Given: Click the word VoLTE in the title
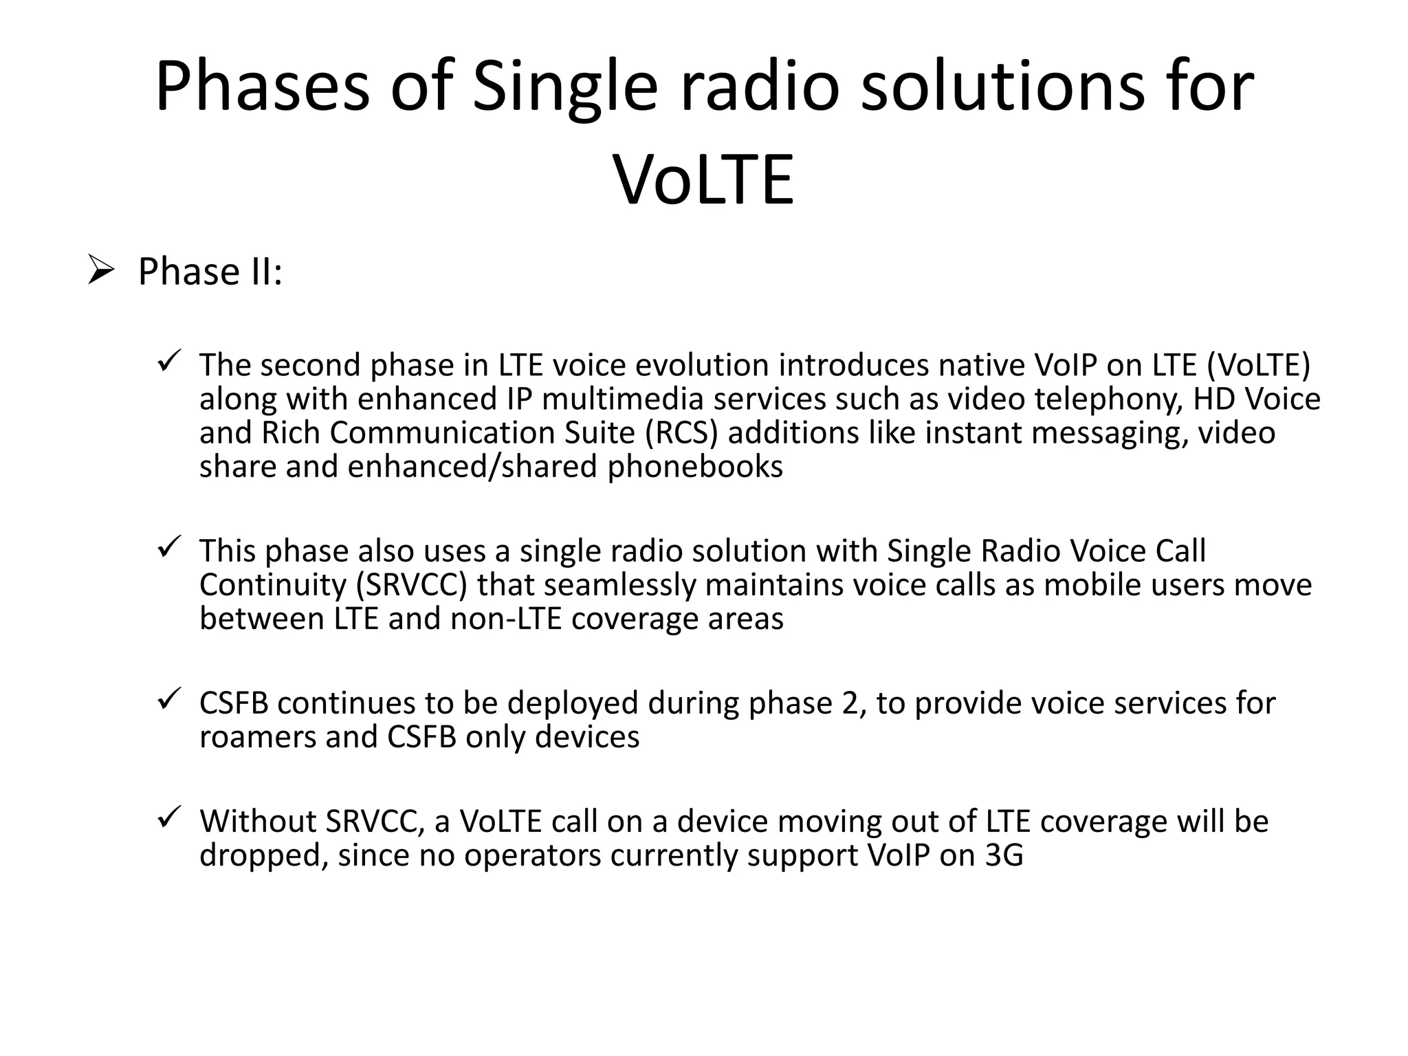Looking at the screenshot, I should pos(704,180).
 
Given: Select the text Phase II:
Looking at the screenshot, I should pos(210,272).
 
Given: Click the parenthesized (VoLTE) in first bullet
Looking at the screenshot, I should pos(1258,365).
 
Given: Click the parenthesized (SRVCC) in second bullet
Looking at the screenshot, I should pos(412,585).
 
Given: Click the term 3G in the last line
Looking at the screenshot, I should pos(1004,855).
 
